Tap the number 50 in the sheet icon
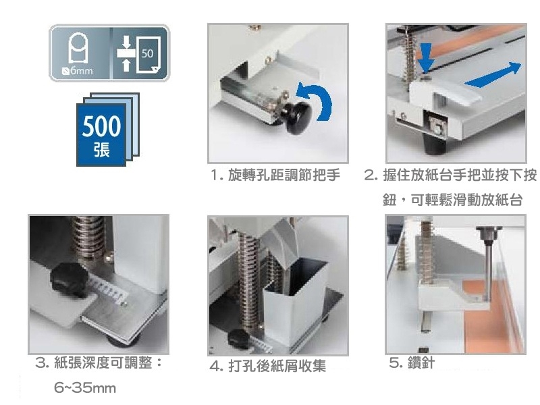147,53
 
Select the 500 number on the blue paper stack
102,126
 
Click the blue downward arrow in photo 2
426,58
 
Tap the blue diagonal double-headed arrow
493,75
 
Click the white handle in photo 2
444,92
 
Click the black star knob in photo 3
69,279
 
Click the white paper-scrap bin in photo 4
294,300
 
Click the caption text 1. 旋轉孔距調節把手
275,175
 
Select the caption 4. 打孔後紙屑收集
267,366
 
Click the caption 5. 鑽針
412,362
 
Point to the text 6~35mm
85,388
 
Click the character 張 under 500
102,150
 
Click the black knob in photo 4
240,338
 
